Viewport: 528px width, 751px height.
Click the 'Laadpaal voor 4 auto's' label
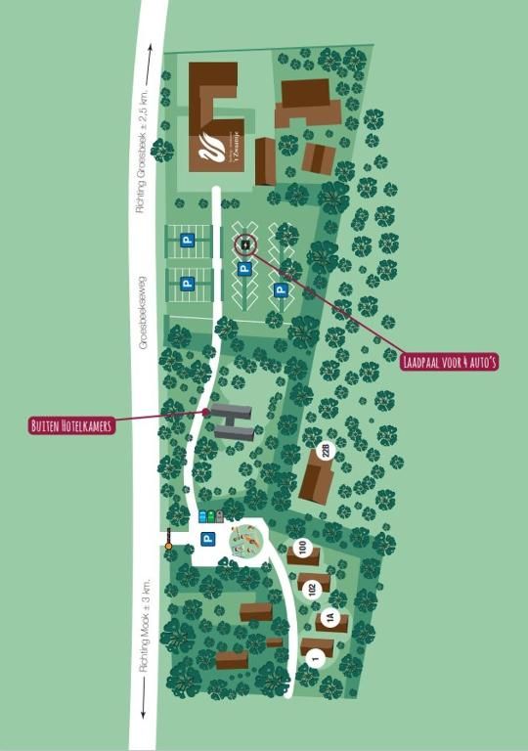pos(450,362)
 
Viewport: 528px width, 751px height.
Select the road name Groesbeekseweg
pos(143,312)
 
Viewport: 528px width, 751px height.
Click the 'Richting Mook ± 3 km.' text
pos(143,625)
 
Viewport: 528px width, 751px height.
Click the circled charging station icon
pos(245,244)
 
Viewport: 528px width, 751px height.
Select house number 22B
pos(328,451)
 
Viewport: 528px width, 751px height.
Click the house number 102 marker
pos(312,589)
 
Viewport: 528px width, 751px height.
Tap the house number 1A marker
pos(330,618)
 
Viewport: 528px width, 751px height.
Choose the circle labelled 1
pos(314,659)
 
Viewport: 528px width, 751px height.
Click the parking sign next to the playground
pos(207,539)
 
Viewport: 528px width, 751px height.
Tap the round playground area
pos(246,540)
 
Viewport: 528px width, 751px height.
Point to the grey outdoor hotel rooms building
pos(234,421)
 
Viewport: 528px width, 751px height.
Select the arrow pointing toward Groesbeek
pos(149,62)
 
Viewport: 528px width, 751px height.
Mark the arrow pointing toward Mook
pos(144,711)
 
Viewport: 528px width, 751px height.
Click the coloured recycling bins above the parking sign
pos(210,515)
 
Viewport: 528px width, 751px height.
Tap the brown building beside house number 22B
pos(315,481)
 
